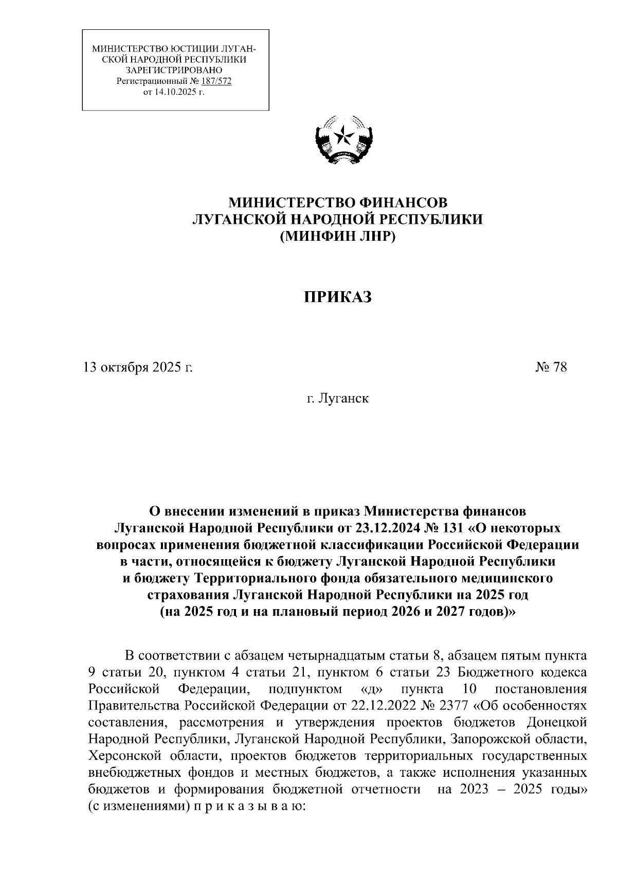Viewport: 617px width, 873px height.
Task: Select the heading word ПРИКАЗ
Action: coord(337,297)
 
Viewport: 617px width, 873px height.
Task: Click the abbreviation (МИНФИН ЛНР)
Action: coord(337,237)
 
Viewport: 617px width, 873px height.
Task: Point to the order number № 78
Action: coord(551,367)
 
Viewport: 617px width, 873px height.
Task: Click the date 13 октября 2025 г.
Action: coord(138,367)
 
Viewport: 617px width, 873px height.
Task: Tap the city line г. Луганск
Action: coord(337,398)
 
